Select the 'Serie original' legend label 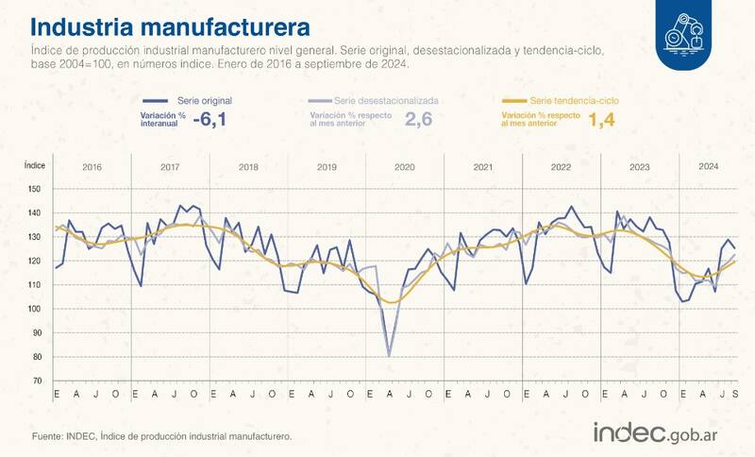click(x=204, y=99)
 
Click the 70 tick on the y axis click(x=36, y=381)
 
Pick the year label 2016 click(x=92, y=167)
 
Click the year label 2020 click(x=404, y=167)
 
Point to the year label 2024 click(x=708, y=166)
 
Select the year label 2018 click(x=248, y=167)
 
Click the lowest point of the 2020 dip click(x=389, y=356)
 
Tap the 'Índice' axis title click(x=34, y=164)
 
